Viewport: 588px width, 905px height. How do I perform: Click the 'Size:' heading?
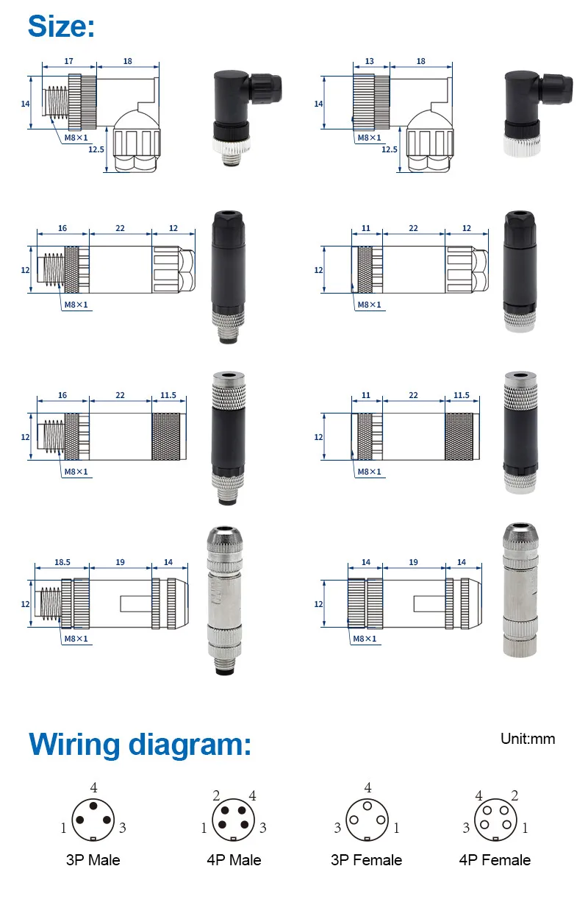pyautogui.click(x=61, y=26)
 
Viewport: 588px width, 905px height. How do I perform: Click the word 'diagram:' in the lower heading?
pyautogui.click(x=190, y=745)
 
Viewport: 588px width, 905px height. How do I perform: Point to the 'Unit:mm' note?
pyautogui.click(x=528, y=739)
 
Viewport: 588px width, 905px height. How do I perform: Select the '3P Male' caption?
pyautogui.click(x=93, y=859)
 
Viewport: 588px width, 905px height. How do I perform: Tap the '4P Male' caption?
pyautogui.click(x=234, y=859)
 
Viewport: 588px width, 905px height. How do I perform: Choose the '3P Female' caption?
pyautogui.click(x=366, y=859)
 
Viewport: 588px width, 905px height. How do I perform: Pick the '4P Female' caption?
pyautogui.click(x=495, y=859)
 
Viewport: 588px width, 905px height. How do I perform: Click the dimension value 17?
pyautogui.click(x=68, y=61)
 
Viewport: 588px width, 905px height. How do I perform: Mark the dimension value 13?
pyautogui.click(x=369, y=61)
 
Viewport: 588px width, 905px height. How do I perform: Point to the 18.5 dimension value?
pyautogui.click(x=62, y=562)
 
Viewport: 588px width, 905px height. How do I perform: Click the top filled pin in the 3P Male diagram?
pyautogui.click(x=93, y=806)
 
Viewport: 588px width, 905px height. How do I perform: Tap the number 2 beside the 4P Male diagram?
pyautogui.click(x=216, y=795)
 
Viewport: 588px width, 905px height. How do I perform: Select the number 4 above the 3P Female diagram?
pyautogui.click(x=367, y=787)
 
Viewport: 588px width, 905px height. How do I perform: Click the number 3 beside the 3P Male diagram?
pyautogui.click(x=122, y=828)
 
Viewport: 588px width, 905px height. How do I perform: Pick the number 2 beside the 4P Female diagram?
pyautogui.click(x=514, y=795)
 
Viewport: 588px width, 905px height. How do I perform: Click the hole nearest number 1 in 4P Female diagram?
pyautogui.click(x=506, y=825)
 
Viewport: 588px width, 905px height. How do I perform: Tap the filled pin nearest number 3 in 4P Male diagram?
pyautogui.click(x=245, y=825)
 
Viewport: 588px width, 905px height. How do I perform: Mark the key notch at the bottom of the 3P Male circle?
pyautogui.click(x=93, y=839)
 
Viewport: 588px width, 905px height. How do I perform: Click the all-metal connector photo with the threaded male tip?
pyautogui.click(x=225, y=600)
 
